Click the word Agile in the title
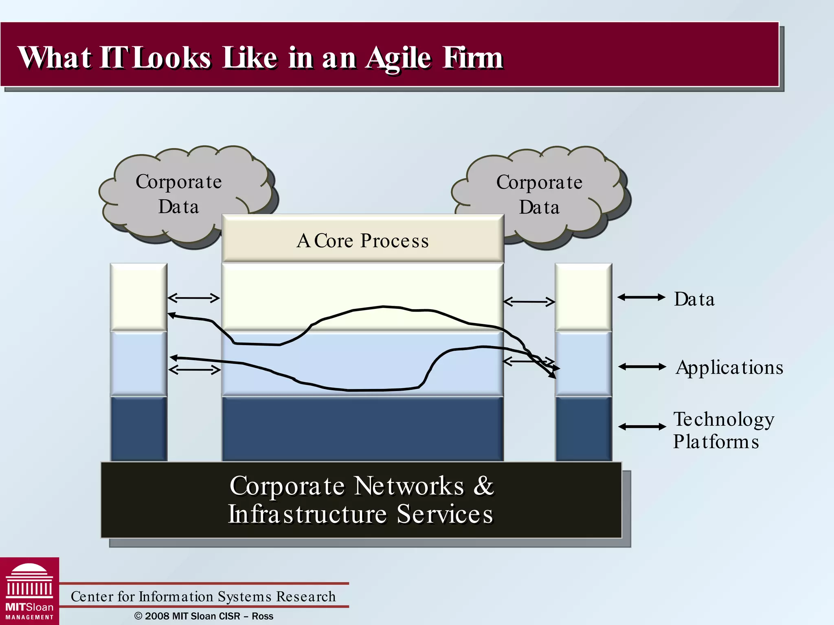(398, 58)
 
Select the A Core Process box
(362, 240)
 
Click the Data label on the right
(694, 299)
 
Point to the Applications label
(729, 367)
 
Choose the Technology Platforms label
(723, 430)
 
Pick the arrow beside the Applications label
(642, 367)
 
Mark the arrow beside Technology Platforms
(642, 426)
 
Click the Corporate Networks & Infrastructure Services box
(361, 500)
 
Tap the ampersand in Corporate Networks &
(483, 485)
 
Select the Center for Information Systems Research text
(203, 596)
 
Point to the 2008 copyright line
(204, 616)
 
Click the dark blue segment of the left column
(138, 428)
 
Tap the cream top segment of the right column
(583, 297)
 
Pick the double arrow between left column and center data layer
(194, 298)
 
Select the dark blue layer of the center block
(362, 428)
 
